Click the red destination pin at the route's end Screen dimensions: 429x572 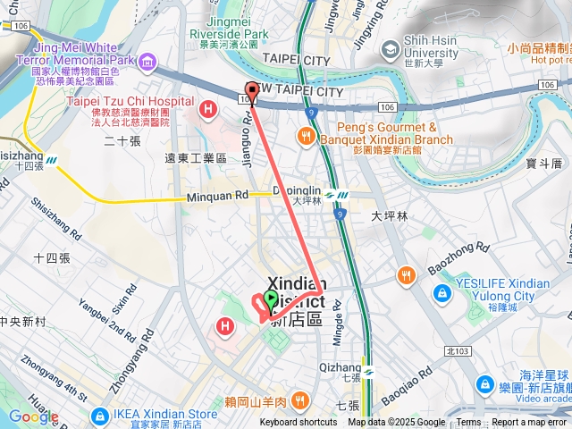[x=252, y=91]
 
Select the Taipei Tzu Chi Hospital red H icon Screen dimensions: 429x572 [x=208, y=110]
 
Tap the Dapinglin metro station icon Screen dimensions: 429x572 [x=332, y=194]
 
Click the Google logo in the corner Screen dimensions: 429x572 [x=32, y=416]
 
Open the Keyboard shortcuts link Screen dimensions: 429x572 [x=299, y=423]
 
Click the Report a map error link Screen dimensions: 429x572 [x=530, y=423]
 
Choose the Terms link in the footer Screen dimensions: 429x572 [x=468, y=423]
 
